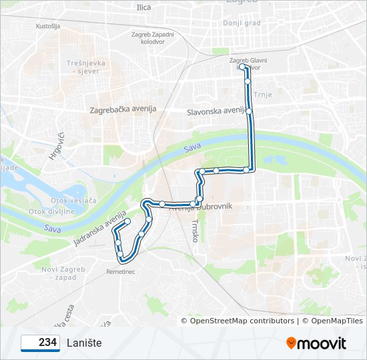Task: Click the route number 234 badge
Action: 39,343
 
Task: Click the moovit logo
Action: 316,343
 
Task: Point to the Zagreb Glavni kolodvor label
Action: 248,63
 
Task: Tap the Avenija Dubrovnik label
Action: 201,207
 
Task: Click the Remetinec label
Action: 121,271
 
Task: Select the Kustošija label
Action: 48,26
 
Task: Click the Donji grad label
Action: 242,22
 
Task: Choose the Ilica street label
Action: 143,7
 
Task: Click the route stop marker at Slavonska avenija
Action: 249,111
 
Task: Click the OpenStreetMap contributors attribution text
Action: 242,321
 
